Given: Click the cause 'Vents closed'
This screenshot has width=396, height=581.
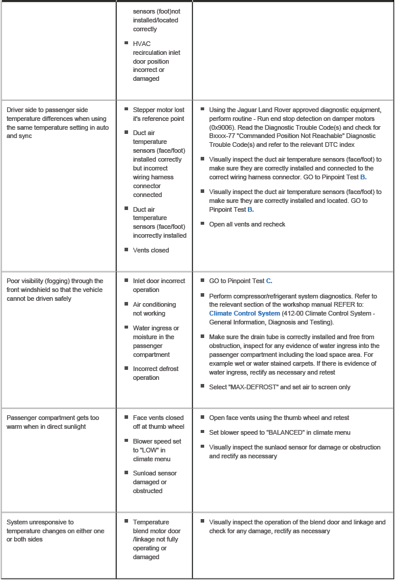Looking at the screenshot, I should coord(150,250).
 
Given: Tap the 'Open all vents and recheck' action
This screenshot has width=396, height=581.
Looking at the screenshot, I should coord(247,225).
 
